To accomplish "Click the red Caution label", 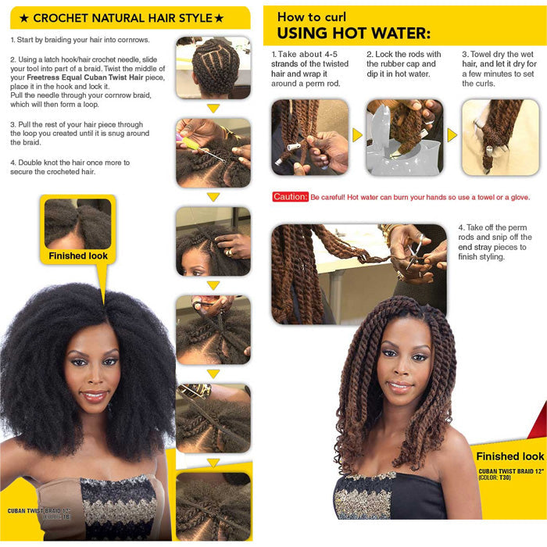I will click(289, 197).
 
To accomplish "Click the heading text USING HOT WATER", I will click(353, 33).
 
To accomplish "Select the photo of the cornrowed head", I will click(213, 67).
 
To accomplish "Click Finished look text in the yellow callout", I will click(78, 256).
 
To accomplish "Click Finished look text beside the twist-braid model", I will click(511, 456).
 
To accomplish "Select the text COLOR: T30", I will click(498, 477).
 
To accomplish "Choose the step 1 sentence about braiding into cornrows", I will click(80, 40).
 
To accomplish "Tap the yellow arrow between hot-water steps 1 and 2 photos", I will click(357, 135).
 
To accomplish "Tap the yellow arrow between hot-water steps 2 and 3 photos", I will click(452, 135).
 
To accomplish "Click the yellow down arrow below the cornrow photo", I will click(213, 108).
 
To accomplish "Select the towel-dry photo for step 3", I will click(499, 137).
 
